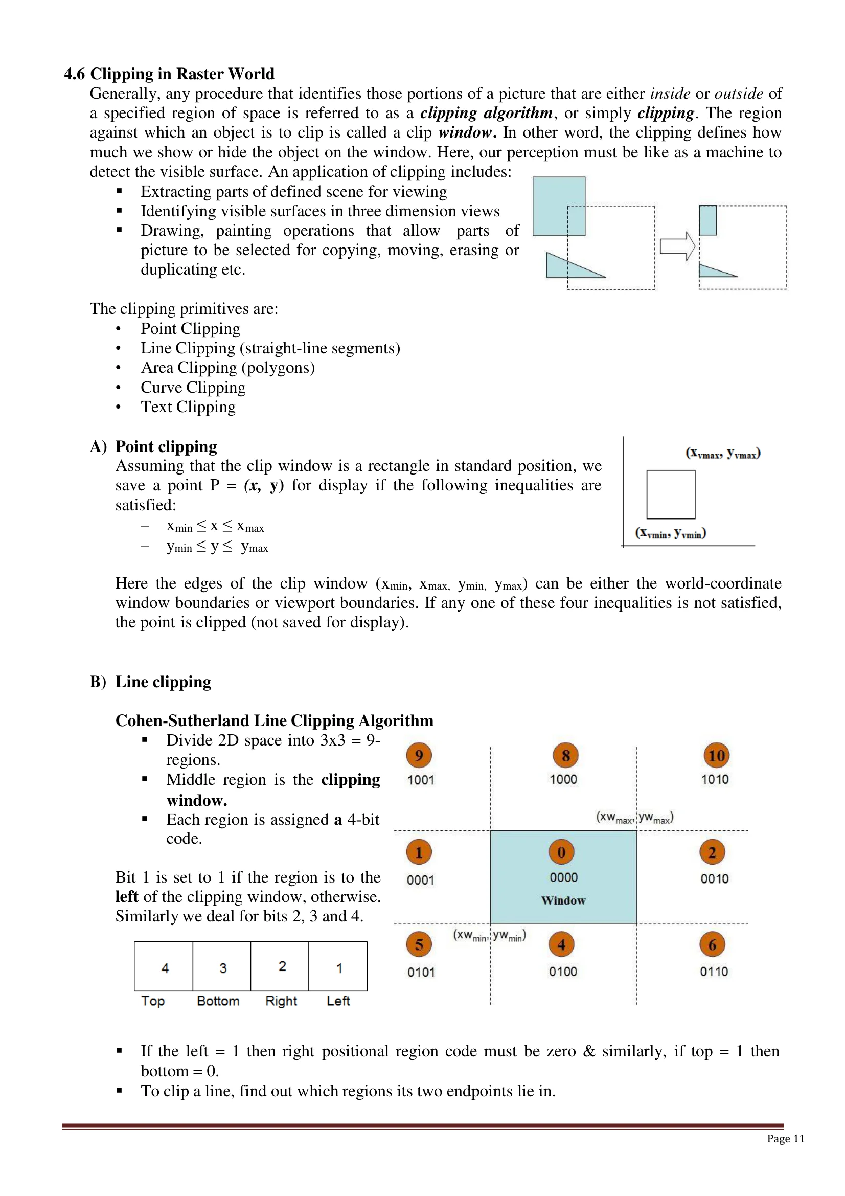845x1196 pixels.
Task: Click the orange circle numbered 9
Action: coord(419,755)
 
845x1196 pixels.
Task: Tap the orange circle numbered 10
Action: coord(716,755)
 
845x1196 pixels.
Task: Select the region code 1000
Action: coord(563,779)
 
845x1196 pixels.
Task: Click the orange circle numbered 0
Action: coord(561,852)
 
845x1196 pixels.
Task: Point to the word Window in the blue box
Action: coord(563,900)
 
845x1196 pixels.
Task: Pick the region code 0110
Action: coord(714,972)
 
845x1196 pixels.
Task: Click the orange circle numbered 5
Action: coord(419,944)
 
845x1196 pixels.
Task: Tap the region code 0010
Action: coord(714,879)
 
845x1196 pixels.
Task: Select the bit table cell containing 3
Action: coord(222,967)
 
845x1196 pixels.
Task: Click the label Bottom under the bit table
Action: coord(218,1001)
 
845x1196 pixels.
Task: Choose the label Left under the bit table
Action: coord(338,1001)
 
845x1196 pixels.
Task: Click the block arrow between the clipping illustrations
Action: coord(677,246)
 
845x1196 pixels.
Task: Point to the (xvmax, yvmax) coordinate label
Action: coord(723,453)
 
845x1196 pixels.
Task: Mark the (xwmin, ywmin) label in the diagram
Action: coord(489,936)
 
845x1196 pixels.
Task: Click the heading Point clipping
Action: coord(166,446)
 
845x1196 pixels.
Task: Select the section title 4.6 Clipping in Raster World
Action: coord(169,74)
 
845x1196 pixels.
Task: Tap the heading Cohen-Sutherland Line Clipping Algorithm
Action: coord(275,720)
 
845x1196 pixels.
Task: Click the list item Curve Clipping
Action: coord(193,388)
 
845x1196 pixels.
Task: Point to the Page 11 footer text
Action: coord(786,1139)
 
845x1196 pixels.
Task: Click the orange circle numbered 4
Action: coord(561,944)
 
